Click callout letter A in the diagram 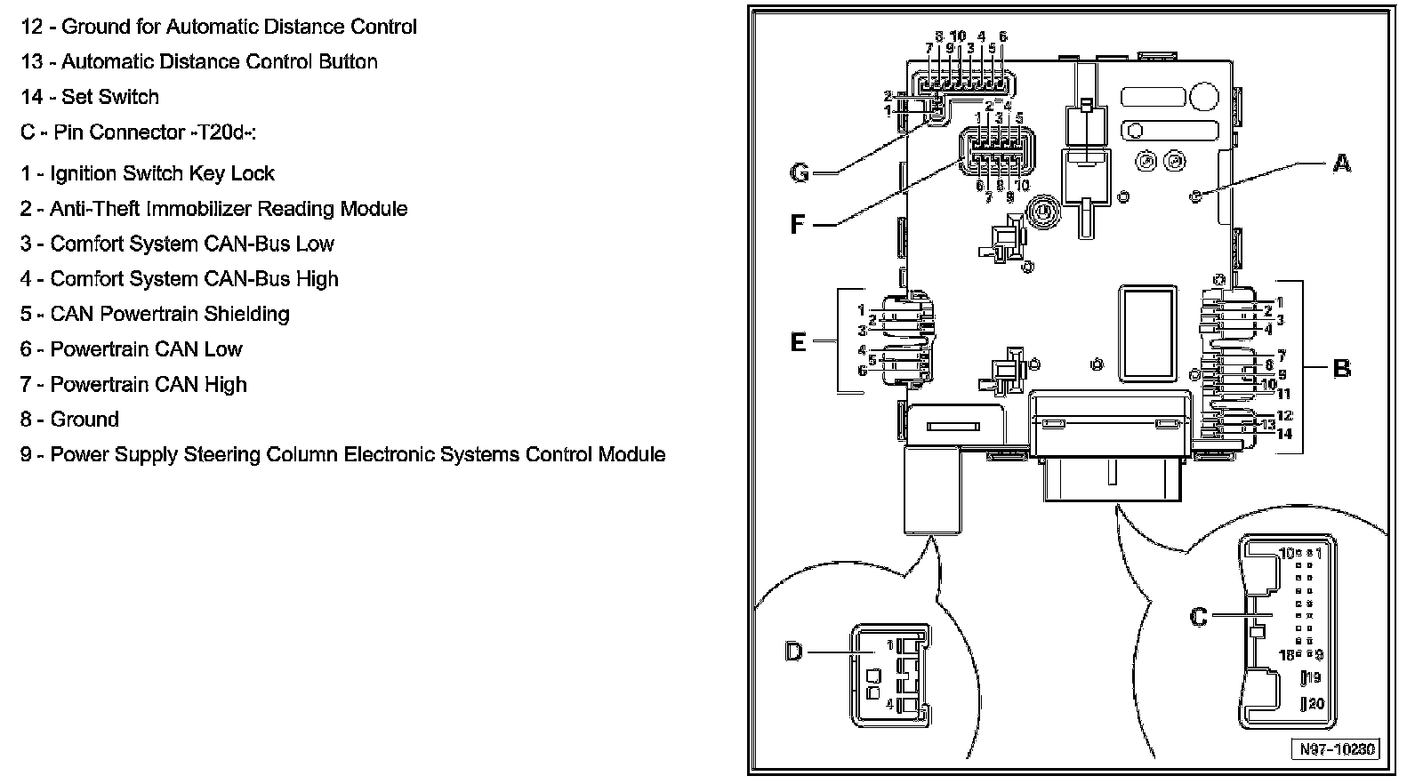(x=1341, y=164)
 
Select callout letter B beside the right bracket (x=1342, y=368)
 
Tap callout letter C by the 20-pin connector (x=1198, y=616)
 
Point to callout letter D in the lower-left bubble (x=794, y=652)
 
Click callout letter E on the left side (x=798, y=342)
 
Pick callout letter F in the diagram (x=797, y=224)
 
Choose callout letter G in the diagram (x=800, y=172)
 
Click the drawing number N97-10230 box (x=1337, y=749)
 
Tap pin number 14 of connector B (x=1284, y=434)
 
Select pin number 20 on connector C (x=1315, y=703)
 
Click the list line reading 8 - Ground (x=70, y=420)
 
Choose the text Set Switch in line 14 (x=110, y=97)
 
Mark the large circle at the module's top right (x=1204, y=97)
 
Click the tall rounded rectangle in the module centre (x=1147, y=334)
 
